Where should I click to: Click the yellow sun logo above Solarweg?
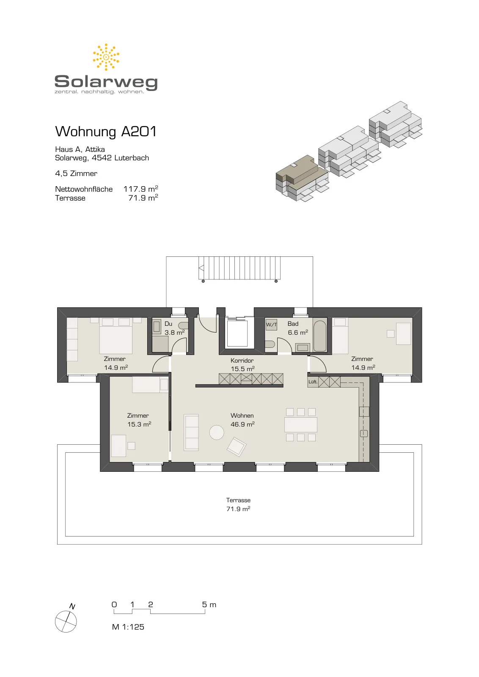pyautogui.click(x=106, y=57)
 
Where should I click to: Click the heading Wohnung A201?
pyautogui.click(x=106, y=132)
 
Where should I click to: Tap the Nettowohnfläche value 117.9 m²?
pyautogui.click(x=140, y=189)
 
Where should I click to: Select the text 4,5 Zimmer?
pyautogui.click(x=76, y=173)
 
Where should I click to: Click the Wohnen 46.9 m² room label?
pyautogui.click(x=242, y=420)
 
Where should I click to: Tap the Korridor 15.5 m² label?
pyautogui.click(x=242, y=364)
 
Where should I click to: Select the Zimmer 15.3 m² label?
pyautogui.click(x=139, y=420)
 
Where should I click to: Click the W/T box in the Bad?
pyautogui.click(x=271, y=325)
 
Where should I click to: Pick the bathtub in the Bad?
pyautogui.click(x=320, y=335)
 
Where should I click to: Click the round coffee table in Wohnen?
pyautogui.click(x=217, y=432)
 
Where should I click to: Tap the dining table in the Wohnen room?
pyautogui.click(x=301, y=425)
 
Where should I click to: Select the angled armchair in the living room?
pyautogui.click(x=237, y=447)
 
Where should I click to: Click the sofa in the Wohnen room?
pyautogui.click(x=191, y=432)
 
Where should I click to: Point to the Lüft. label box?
pyautogui.click(x=313, y=382)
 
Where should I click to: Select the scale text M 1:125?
pyautogui.click(x=128, y=627)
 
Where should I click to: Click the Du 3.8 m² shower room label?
pyautogui.click(x=174, y=328)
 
